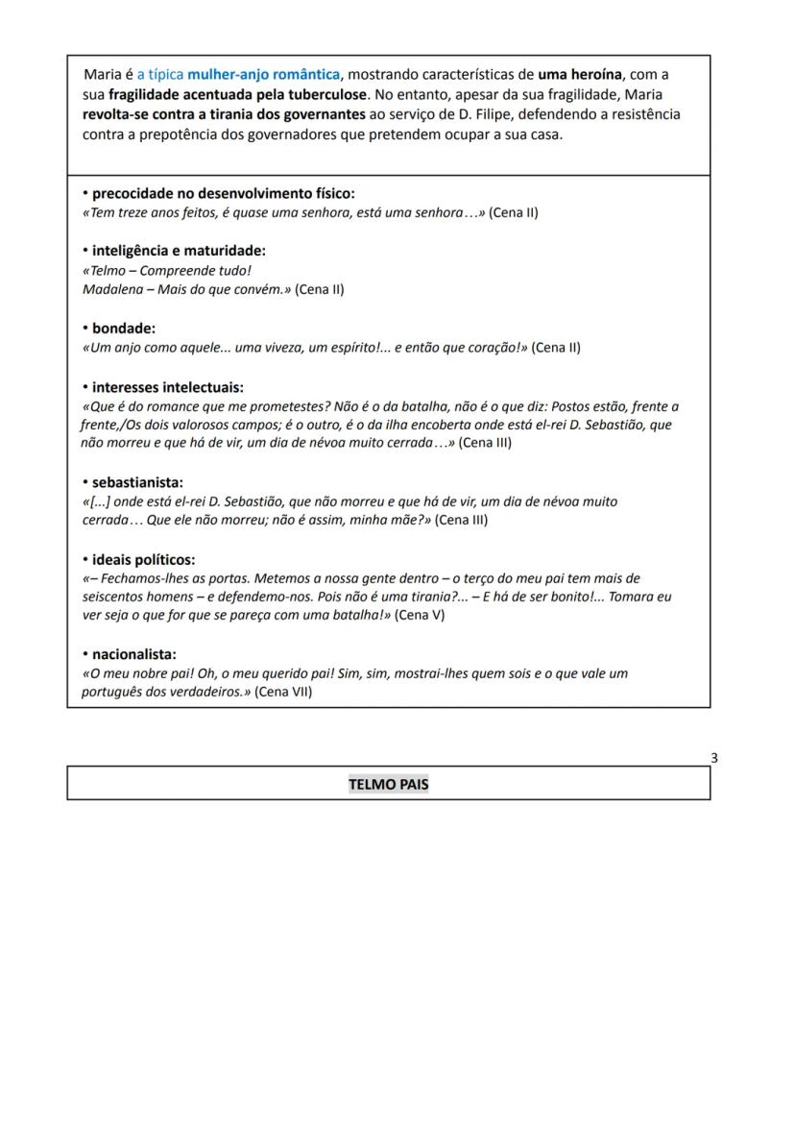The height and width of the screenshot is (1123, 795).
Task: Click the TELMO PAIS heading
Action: (388, 784)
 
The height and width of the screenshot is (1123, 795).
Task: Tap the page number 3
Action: (713, 758)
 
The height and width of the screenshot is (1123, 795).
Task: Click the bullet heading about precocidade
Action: (223, 193)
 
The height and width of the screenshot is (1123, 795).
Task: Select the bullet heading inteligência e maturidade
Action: (179, 251)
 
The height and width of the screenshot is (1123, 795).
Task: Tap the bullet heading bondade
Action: (123, 329)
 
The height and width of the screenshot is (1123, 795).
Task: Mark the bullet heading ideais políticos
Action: (143, 559)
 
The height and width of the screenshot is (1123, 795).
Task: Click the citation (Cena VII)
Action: (283, 692)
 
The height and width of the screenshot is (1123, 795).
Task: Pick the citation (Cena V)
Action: (420, 615)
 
